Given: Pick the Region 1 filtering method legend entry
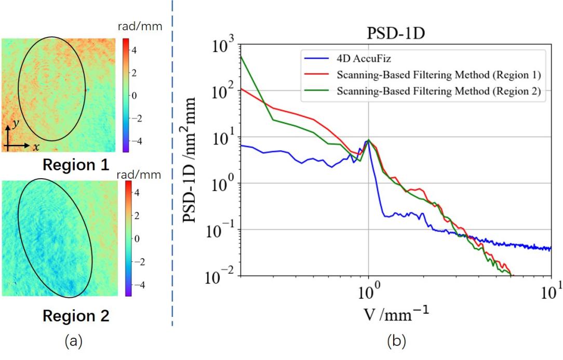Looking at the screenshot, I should (x=439, y=75).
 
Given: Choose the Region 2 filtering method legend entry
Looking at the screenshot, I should (x=439, y=92).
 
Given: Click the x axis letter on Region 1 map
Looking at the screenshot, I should (x=36, y=147).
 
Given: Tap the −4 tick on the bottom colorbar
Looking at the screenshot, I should (x=140, y=285).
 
